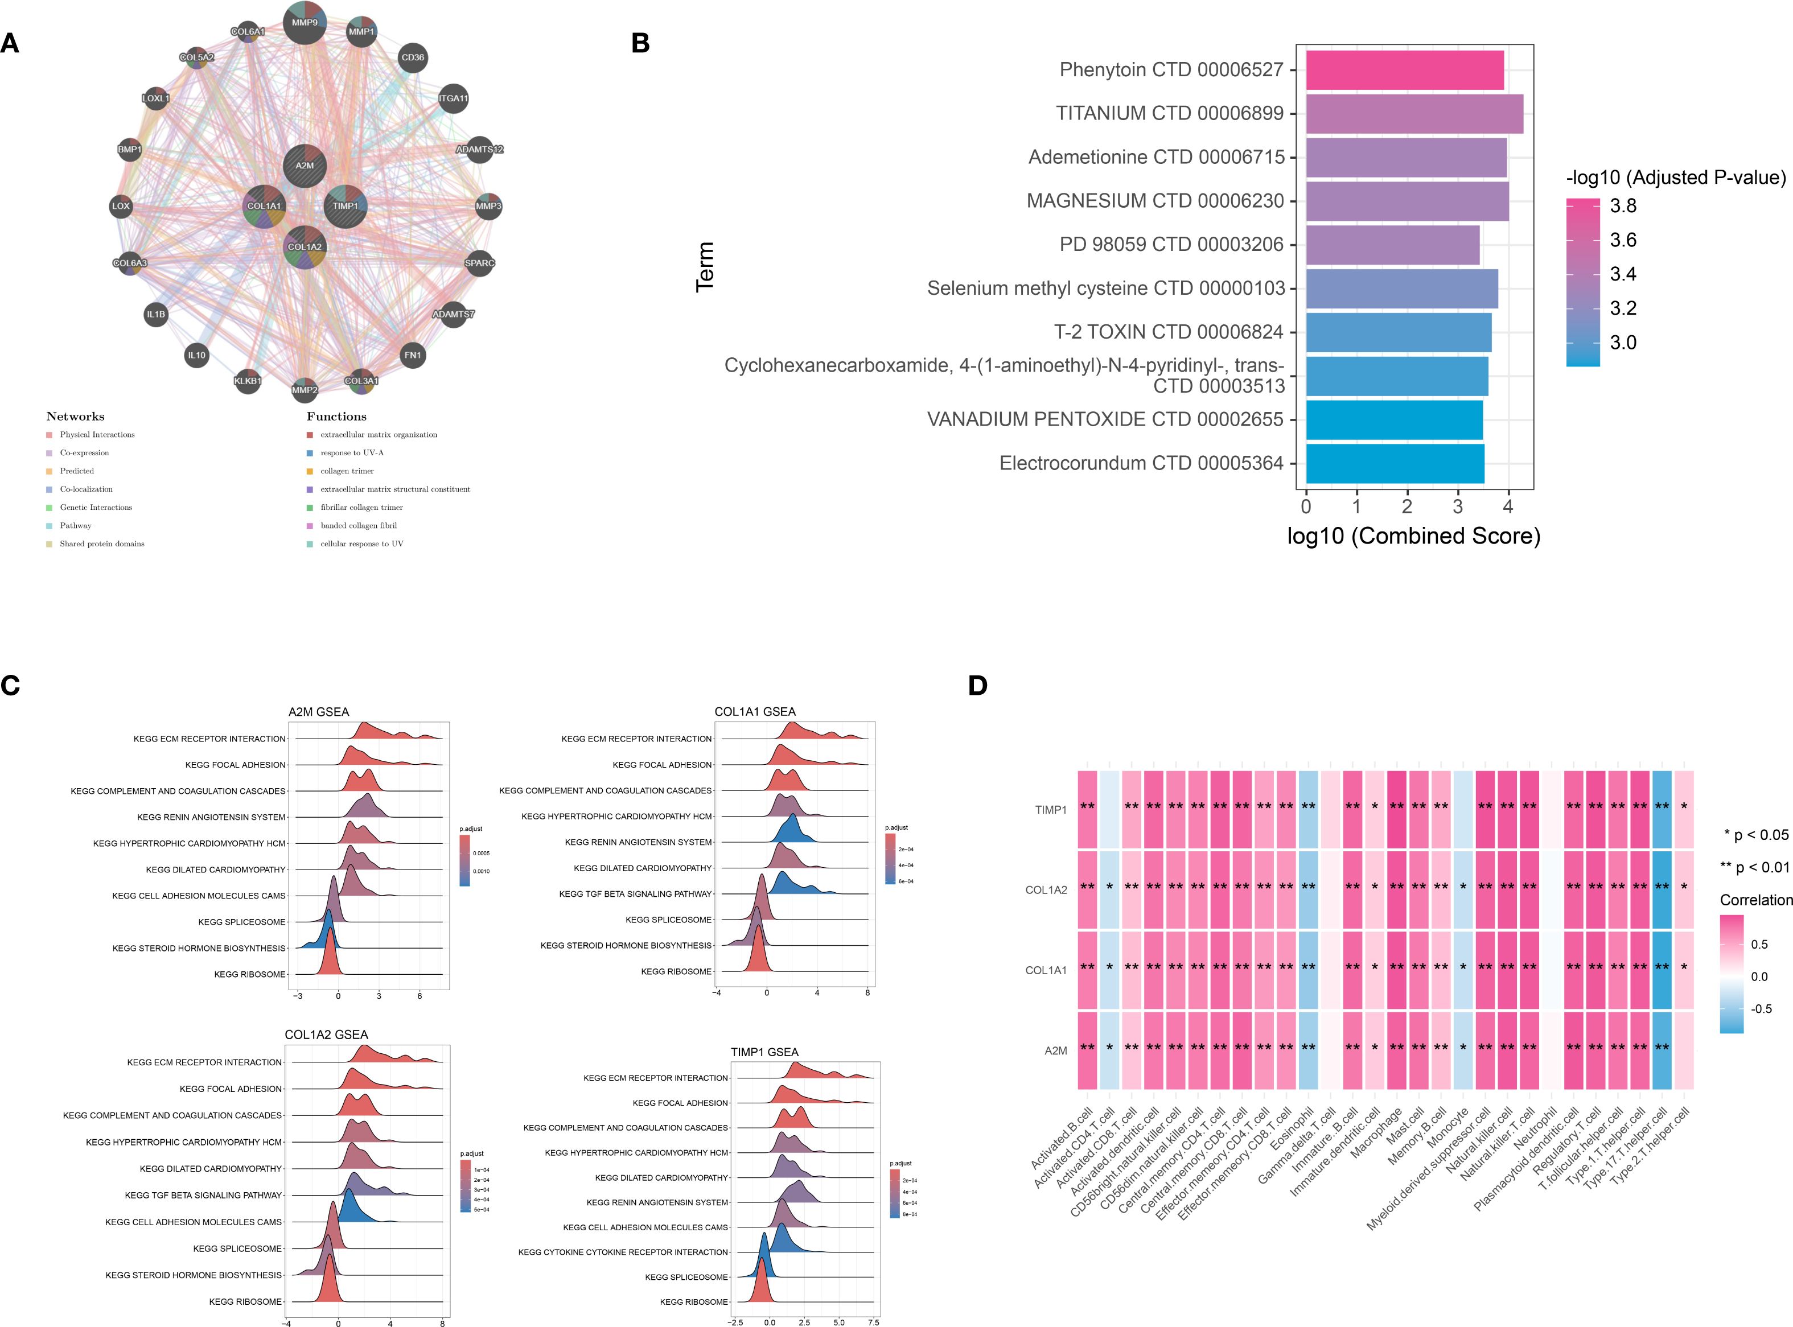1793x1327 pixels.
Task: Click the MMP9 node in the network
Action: [x=305, y=23]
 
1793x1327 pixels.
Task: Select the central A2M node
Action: [x=305, y=166]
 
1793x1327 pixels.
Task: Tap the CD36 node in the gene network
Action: [x=412, y=57]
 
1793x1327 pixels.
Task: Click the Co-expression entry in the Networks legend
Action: [x=84, y=453]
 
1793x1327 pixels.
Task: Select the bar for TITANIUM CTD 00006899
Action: [x=1414, y=113]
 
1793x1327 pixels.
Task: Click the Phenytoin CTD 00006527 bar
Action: [x=1404, y=70]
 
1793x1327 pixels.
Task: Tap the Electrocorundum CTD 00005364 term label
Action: [x=1141, y=464]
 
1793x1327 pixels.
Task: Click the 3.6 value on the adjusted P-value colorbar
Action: [x=1623, y=240]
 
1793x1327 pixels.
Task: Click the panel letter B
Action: [x=640, y=43]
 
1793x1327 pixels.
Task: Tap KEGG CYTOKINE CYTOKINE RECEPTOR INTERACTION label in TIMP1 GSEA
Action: [x=623, y=1252]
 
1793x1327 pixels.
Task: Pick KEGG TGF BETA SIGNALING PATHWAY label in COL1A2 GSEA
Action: [x=203, y=1195]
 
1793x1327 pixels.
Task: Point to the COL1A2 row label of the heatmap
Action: [x=1046, y=890]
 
